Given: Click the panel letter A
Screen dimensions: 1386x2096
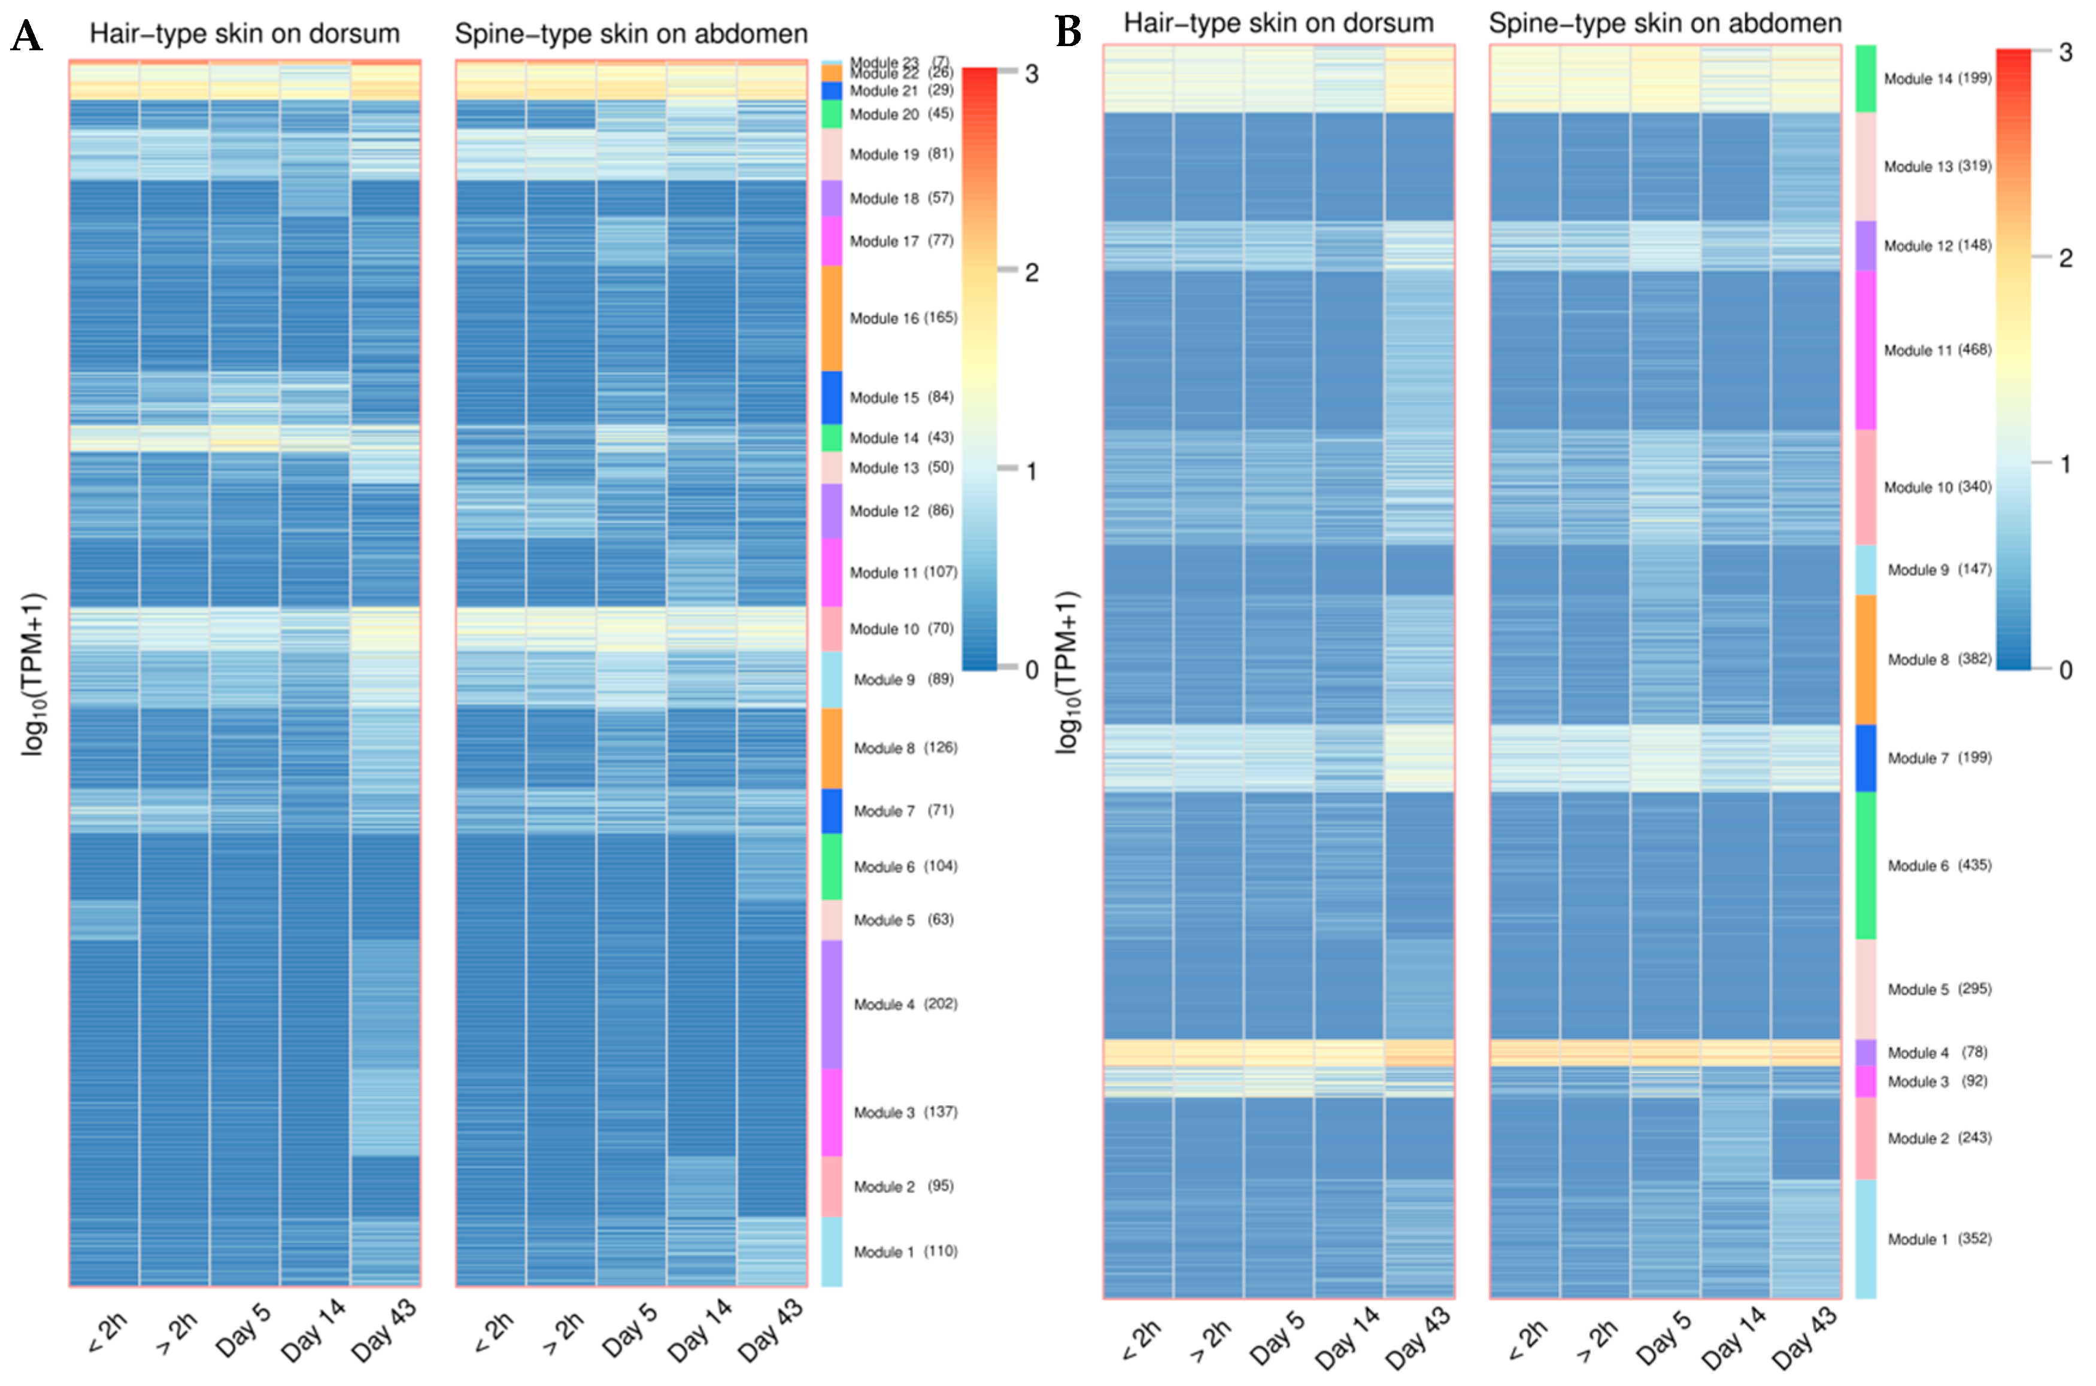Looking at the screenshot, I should click(x=26, y=37).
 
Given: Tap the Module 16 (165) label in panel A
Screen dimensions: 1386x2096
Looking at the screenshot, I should click(x=903, y=318).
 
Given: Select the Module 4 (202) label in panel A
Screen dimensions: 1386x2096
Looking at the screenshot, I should click(x=905, y=1004).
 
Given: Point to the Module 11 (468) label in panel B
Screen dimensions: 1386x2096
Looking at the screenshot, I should click(x=1937, y=350).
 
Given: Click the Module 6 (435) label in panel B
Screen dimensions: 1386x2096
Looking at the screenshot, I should click(x=1939, y=865).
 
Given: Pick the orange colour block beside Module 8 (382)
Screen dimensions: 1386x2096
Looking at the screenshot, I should click(x=1866, y=659).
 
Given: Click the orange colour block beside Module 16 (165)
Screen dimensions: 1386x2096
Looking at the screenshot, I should click(x=831, y=318).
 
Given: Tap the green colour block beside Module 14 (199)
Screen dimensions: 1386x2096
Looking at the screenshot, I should click(x=1866, y=78).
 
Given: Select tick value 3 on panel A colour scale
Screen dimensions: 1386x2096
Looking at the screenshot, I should click(x=1031, y=74).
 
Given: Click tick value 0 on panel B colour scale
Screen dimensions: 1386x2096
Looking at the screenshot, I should click(x=2065, y=670).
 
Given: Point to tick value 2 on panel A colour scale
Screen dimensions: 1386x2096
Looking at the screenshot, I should click(x=1031, y=273).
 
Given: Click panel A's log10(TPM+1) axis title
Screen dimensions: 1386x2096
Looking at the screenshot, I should click(x=33, y=674).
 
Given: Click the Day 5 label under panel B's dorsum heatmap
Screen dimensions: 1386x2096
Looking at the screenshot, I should click(x=1278, y=1336).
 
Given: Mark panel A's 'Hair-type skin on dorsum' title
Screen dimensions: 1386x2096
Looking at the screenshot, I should click(x=244, y=34).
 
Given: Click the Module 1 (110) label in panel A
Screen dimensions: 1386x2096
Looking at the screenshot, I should click(x=905, y=1251).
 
